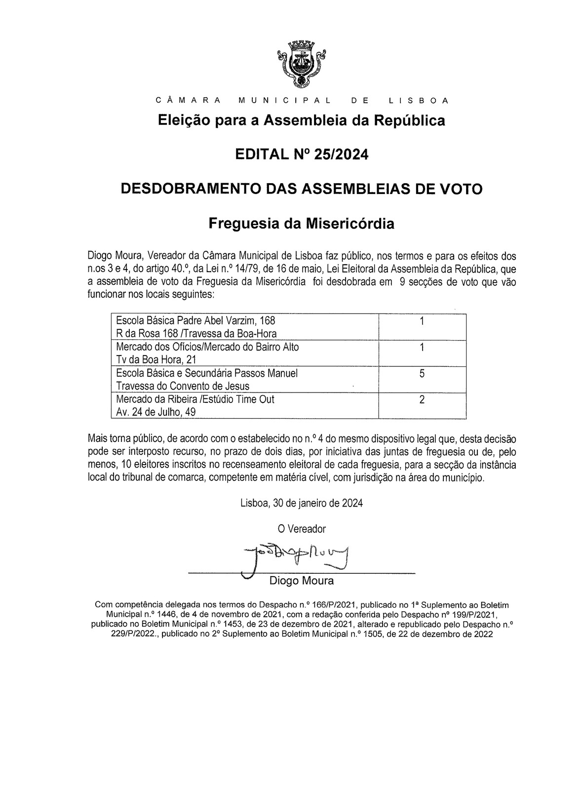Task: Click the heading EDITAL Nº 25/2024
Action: click(x=302, y=155)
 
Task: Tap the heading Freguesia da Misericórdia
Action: click(x=302, y=224)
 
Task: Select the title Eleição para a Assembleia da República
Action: click(x=302, y=120)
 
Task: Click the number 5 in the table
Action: click(x=422, y=374)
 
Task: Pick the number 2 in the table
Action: click(x=422, y=399)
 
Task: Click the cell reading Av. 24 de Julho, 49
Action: click(x=155, y=412)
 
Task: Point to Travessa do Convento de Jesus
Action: click(x=183, y=386)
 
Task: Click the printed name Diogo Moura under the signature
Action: click(x=301, y=581)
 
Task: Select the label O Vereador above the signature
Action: click(x=302, y=529)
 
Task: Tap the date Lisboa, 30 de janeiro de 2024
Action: click(x=302, y=503)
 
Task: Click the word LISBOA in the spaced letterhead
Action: click(x=418, y=101)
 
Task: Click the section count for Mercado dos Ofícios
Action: click(x=422, y=347)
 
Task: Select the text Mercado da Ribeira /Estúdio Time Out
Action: click(x=195, y=399)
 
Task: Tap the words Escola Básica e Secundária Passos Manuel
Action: click(x=207, y=373)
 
